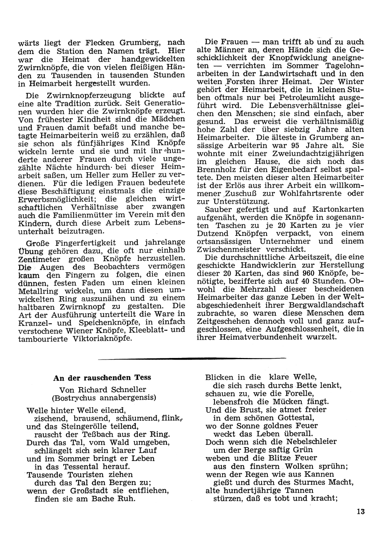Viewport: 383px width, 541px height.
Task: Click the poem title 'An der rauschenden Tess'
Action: (102, 378)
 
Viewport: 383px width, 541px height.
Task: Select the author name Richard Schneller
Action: (113, 390)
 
